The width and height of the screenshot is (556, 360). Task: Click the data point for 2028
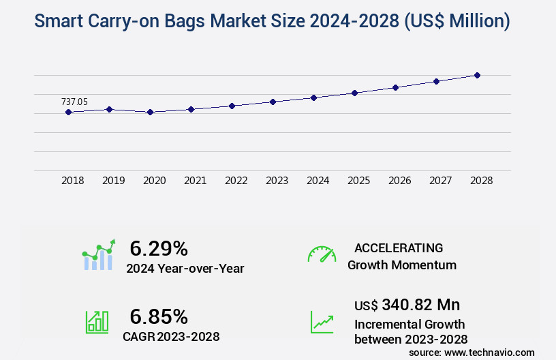477,75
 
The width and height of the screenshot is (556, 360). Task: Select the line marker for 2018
68,112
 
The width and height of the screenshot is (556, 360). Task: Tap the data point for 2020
150,112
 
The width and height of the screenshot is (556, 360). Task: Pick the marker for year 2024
313,97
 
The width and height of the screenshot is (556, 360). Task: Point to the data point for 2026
395,87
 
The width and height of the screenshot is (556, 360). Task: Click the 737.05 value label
74,102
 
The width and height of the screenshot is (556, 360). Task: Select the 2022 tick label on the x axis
236,181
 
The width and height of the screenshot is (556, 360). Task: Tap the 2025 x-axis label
358,181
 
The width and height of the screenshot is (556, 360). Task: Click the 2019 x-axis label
113,181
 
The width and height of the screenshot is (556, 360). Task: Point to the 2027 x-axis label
440,181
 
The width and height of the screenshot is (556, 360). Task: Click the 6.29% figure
159,248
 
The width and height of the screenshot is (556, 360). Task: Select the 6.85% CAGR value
159,316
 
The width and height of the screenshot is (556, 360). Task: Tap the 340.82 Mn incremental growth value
420,304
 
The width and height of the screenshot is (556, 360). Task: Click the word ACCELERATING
399,247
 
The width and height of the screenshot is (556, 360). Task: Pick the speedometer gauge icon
322,254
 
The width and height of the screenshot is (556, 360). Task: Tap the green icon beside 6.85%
97,322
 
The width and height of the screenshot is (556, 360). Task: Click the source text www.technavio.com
489,352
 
